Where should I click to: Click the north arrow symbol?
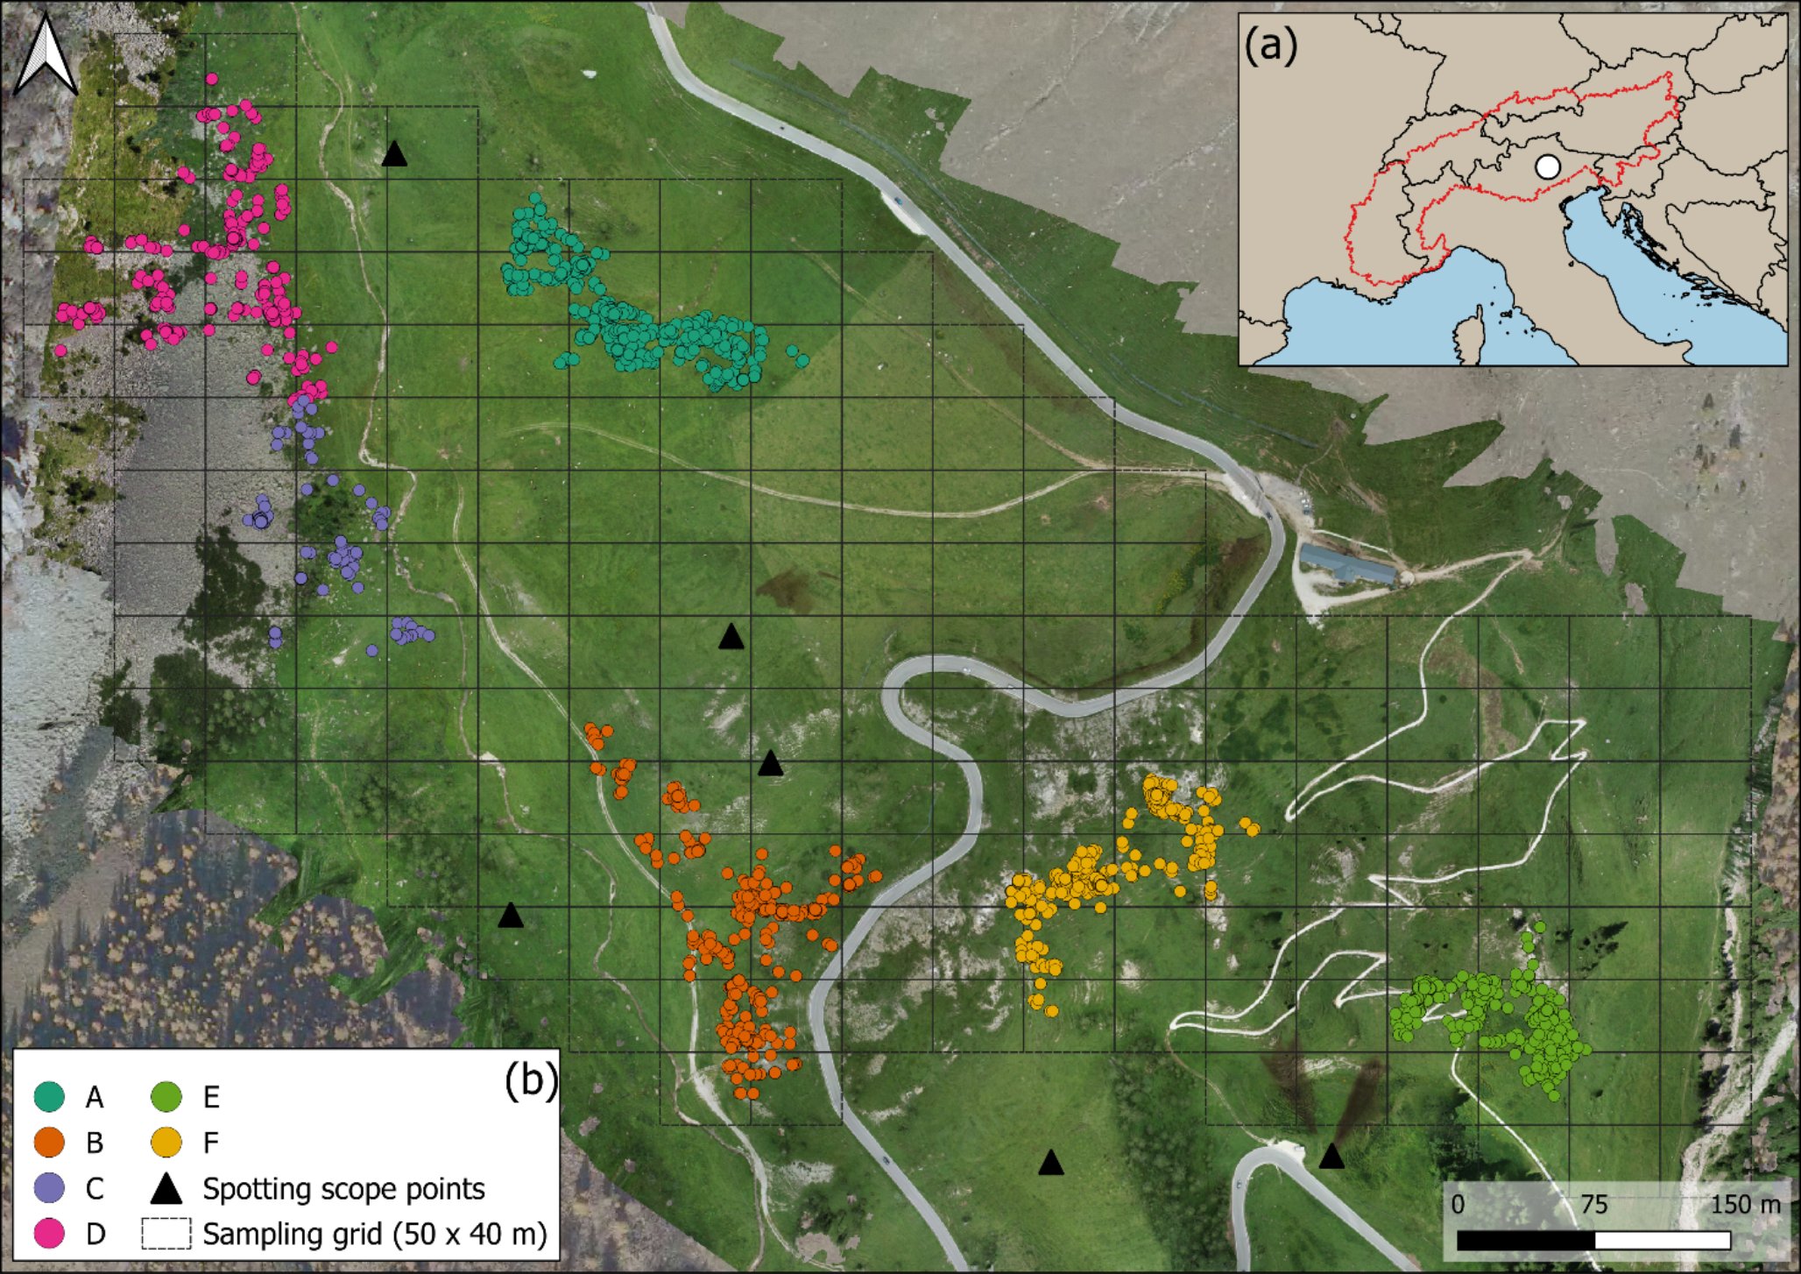point(46,58)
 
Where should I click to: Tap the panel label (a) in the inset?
point(1270,46)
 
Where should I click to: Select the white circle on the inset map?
point(1548,166)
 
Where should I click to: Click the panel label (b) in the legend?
point(531,1082)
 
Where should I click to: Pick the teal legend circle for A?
point(49,1097)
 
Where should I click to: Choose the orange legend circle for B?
point(49,1143)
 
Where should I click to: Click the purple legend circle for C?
point(49,1188)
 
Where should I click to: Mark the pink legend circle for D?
point(49,1234)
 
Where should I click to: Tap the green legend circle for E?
point(166,1097)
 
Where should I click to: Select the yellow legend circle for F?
point(166,1143)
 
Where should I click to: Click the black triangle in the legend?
point(166,1189)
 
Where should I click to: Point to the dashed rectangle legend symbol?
point(166,1234)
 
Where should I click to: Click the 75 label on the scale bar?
point(1593,1205)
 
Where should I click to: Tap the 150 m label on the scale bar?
point(1745,1205)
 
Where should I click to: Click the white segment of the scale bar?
point(1662,1241)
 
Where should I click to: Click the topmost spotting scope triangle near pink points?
point(395,154)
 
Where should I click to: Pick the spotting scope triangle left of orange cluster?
point(511,917)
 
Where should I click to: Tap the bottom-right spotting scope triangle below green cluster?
point(1331,1157)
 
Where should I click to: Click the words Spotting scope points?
point(343,1189)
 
